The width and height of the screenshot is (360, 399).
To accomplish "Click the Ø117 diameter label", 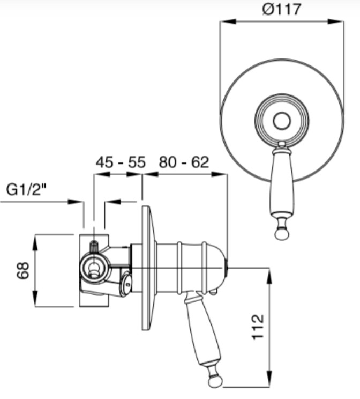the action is pyautogui.click(x=281, y=10).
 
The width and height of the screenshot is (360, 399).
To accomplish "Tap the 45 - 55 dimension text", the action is pyautogui.click(x=121, y=162).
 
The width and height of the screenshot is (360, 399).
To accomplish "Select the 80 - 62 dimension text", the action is pyautogui.click(x=184, y=162).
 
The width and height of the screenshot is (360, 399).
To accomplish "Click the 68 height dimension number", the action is pyautogui.click(x=23, y=270).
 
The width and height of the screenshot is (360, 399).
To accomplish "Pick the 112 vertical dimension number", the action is pyautogui.click(x=258, y=327).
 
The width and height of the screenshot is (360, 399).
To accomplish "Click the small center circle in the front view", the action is pyautogui.click(x=282, y=121).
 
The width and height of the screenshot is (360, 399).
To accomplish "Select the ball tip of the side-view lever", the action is pyautogui.click(x=215, y=381).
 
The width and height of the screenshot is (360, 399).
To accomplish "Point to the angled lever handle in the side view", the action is pyautogui.click(x=202, y=331).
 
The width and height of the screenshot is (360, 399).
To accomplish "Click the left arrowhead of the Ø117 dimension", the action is pyautogui.click(x=228, y=21).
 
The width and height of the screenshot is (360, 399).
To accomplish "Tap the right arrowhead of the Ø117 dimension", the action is pyautogui.click(x=335, y=21).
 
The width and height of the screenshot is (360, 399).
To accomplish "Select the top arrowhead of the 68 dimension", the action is pyautogui.click(x=35, y=242).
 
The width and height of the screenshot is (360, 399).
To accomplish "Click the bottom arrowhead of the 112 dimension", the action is pyautogui.click(x=269, y=379).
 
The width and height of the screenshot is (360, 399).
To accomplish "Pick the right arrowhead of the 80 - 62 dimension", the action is pyautogui.click(x=219, y=174).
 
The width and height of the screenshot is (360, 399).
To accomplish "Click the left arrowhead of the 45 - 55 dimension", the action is pyautogui.click(x=102, y=174).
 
